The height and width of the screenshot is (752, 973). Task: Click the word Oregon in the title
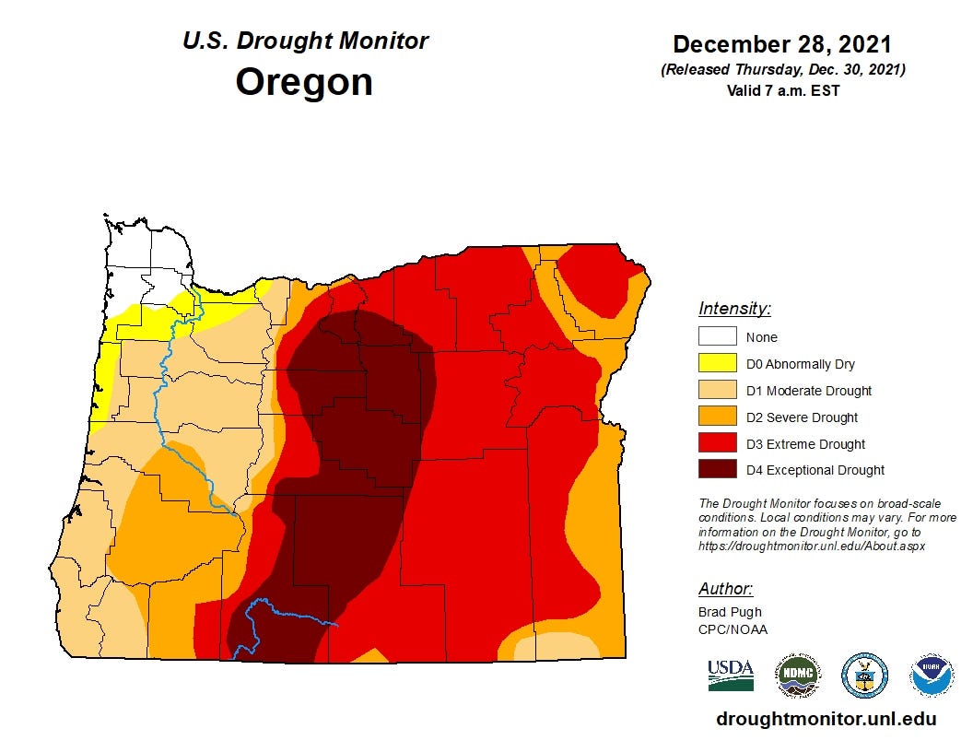[304, 81]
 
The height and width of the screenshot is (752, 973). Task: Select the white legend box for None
[717, 337]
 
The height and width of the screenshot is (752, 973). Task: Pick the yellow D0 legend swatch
[717, 364]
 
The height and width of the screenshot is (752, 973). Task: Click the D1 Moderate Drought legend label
[808, 391]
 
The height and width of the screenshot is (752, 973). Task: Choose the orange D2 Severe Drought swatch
[717, 417]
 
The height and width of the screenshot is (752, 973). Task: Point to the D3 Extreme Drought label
[805, 444]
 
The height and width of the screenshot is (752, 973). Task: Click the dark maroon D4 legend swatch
[717, 470]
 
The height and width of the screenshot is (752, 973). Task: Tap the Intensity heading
[734, 309]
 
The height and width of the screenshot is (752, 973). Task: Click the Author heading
[725, 589]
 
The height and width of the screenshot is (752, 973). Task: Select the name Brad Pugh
[730, 612]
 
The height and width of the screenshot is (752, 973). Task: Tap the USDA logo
[731, 676]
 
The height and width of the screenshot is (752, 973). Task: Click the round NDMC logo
[797, 676]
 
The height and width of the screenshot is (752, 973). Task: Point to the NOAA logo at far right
[932, 676]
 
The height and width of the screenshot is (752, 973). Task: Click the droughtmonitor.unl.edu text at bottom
[826, 720]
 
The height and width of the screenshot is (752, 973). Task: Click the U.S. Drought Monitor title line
[305, 41]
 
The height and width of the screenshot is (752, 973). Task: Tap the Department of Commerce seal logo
[864, 676]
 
